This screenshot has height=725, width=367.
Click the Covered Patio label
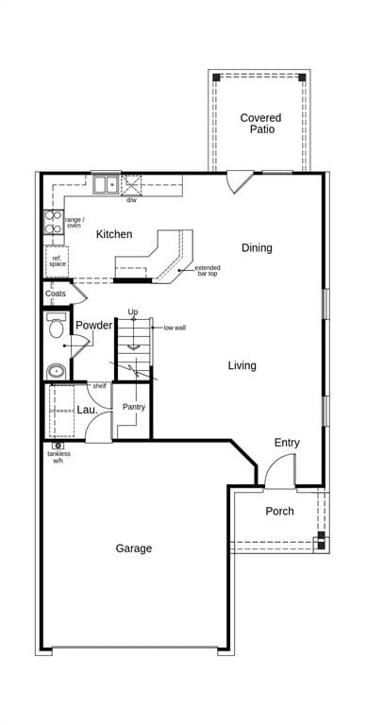(260, 124)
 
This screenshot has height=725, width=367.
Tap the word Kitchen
(114, 234)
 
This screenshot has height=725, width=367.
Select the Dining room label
(257, 248)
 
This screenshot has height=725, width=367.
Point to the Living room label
(242, 365)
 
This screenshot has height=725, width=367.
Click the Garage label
(134, 548)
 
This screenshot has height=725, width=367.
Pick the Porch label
(279, 511)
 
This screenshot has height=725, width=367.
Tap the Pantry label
(134, 408)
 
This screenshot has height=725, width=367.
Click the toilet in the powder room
(56, 326)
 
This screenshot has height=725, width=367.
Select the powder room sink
(56, 371)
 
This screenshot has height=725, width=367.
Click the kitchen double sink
(107, 184)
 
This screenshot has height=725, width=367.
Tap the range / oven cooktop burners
(54, 222)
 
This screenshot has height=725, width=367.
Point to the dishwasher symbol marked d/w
(131, 185)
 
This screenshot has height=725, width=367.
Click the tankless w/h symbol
(58, 446)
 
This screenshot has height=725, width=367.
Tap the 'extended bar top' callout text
(208, 271)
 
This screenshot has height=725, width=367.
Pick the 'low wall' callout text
(175, 328)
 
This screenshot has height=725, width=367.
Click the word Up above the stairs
(133, 312)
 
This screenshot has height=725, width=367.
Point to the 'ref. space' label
(58, 261)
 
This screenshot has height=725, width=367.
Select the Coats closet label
(56, 294)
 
